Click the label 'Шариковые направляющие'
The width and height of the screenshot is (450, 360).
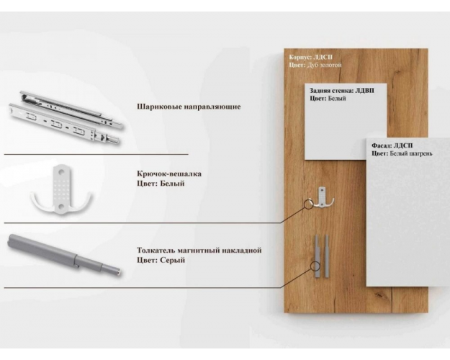189,107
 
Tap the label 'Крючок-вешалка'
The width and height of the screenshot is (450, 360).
169,174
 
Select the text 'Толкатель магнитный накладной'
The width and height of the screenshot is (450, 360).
199,251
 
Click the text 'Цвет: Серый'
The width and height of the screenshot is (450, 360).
161,261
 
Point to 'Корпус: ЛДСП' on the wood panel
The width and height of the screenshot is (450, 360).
310,57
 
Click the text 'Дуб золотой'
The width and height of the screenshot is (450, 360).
324,66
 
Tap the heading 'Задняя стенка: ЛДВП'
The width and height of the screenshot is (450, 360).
342,91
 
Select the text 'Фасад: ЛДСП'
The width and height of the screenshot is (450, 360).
392,145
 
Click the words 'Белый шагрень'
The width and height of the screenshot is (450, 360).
411,153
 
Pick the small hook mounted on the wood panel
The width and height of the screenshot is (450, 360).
323,197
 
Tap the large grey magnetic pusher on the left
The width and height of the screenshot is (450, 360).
64,254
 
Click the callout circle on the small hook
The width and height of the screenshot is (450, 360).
308,204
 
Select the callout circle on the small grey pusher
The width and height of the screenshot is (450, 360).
315,266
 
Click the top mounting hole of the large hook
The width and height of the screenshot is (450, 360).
61,171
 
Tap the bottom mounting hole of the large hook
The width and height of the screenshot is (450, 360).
61,206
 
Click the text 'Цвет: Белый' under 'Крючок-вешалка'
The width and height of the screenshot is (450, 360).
161,184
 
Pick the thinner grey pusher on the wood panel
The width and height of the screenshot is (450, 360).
327,256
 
